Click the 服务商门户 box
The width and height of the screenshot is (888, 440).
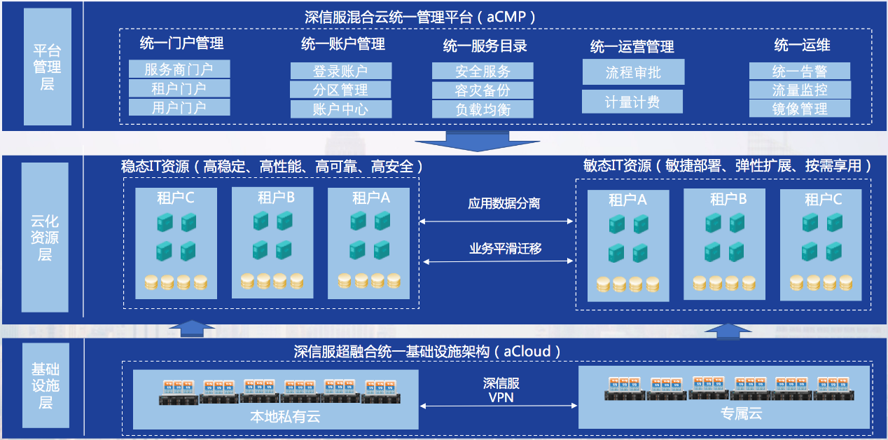point(179,69)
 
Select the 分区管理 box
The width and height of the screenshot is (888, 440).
point(340,90)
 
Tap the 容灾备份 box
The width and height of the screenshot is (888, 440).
point(483,90)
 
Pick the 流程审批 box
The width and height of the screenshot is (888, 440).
point(633,71)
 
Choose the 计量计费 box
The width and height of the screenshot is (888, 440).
point(632,102)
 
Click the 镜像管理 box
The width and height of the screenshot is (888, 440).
point(800,109)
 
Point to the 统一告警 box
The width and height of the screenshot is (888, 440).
point(800,71)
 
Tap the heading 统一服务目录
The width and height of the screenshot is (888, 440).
point(485,46)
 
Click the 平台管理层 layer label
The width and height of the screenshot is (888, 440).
point(47,67)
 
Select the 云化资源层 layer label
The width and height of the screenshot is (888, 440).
point(45,238)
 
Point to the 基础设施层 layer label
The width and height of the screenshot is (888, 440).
point(46,385)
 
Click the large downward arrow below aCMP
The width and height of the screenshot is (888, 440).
point(478,142)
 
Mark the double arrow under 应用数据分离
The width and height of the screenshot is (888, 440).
point(496,221)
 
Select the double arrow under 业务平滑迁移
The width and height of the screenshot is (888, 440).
point(498,261)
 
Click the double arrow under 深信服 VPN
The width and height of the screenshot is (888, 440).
point(499,406)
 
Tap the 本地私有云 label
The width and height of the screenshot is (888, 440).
point(285,416)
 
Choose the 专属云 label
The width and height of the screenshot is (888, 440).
point(742,413)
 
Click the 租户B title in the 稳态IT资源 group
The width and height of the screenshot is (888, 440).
point(276,197)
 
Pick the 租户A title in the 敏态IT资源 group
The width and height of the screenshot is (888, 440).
point(627,200)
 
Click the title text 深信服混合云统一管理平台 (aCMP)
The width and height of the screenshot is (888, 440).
point(419,17)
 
